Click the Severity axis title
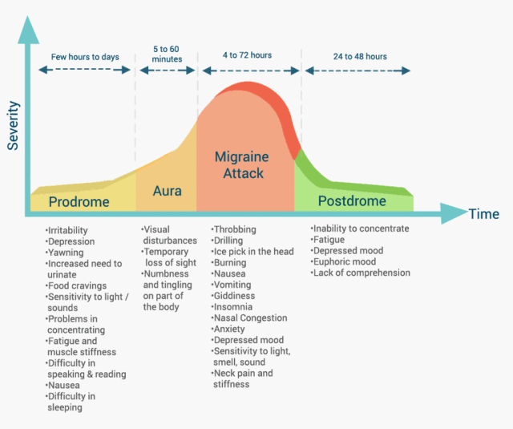tap(14, 126)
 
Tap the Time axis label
tap(484, 214)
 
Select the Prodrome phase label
tap(79, 202)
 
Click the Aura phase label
tap(168, 191)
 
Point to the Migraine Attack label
tap(242, 165)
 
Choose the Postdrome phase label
tap(352, 201)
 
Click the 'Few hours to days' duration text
tap(85, 57)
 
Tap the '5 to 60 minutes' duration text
tap(167, 54)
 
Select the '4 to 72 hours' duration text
tap(248, 55)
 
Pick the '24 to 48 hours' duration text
tap(360, 57)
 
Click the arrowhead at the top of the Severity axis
tap(28, 30)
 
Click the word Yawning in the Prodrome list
tap(65, 253)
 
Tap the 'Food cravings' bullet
tap(77, 285)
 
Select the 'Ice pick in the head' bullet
tap(252, 251)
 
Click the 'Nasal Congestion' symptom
tap(249, 318)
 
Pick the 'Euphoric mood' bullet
tap(344, 261)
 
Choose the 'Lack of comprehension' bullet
tap(361, 273)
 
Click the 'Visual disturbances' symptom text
tap(169, 235)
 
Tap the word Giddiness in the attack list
tap(233, 296)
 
